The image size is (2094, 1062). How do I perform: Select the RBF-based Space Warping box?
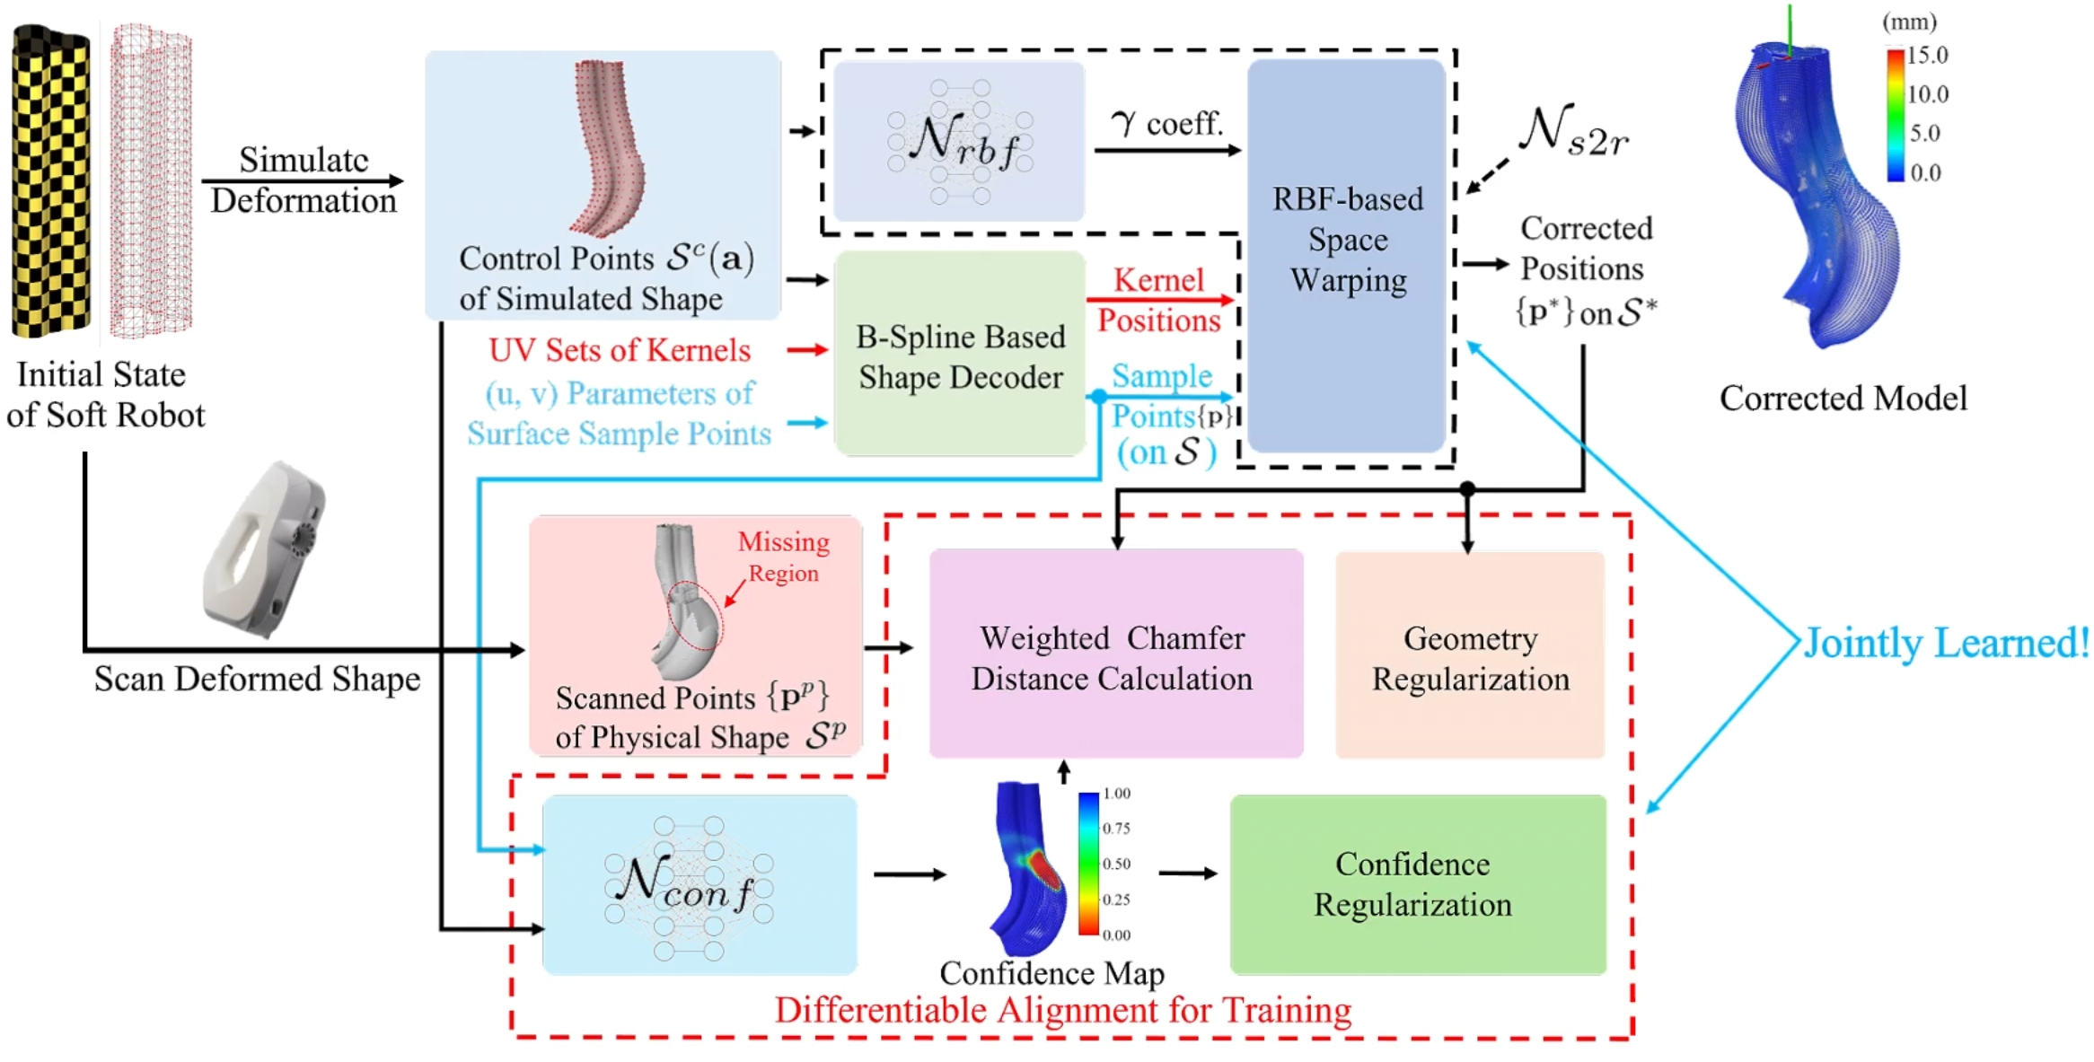pos(1346,256)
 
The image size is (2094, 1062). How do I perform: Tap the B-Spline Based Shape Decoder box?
pos(960,355)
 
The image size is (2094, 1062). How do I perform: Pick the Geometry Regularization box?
pos(1470,656)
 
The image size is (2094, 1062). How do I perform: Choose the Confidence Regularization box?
pos(1416,884)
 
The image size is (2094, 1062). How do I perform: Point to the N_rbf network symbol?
pos(959,141)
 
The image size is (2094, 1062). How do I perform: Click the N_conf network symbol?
pos(689,884)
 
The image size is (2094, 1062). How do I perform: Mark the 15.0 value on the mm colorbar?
pos(1927,56)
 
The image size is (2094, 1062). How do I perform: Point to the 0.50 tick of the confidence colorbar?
pos(1116,864)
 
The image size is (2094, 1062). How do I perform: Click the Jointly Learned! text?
pos(1947,643)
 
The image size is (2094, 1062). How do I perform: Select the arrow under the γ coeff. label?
pos(1166,151)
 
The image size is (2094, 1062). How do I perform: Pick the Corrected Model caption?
pos(1843,399)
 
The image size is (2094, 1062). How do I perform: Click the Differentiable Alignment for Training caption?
pos(1063,1011)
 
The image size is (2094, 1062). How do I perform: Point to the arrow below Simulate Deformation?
pos(303,181)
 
